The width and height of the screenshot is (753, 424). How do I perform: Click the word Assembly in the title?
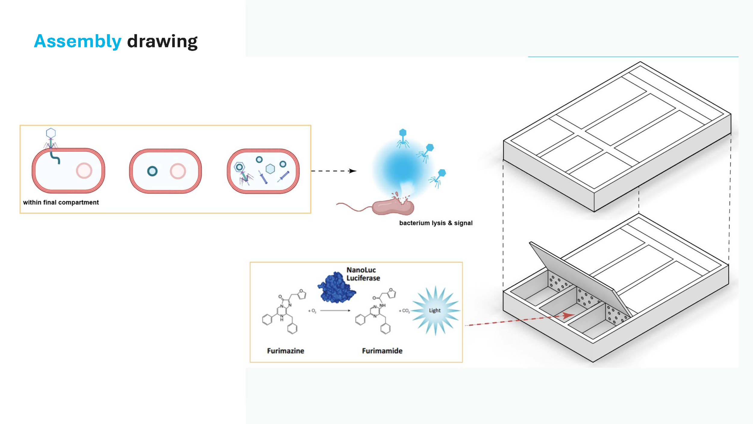[78, 41]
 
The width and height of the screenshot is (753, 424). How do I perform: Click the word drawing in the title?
[162, 41]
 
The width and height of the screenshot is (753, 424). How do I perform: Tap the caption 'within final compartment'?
[61, 202]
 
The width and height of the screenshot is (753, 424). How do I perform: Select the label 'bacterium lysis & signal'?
[436, 223]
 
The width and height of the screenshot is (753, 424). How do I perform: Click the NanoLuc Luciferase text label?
[363, 274]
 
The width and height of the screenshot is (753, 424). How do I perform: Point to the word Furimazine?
[286, 351]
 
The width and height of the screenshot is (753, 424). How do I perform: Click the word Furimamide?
[382, 351]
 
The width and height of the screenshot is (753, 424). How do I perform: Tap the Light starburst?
[435, 311]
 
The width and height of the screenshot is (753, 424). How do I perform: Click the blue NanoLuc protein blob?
[336, 288]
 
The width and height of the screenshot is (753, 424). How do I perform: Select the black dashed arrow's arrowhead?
[352, 171]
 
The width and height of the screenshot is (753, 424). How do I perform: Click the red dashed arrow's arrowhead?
[569, 315]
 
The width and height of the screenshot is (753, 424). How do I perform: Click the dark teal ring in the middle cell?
[152, 171]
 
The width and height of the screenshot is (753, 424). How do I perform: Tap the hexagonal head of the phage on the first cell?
[51, 133]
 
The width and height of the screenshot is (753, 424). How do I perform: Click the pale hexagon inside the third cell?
[270, 169]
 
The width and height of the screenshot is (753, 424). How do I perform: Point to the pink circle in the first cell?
[84, 171]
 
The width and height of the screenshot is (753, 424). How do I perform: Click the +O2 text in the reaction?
[312, 311]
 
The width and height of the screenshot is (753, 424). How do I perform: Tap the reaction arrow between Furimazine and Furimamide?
[335, 311]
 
